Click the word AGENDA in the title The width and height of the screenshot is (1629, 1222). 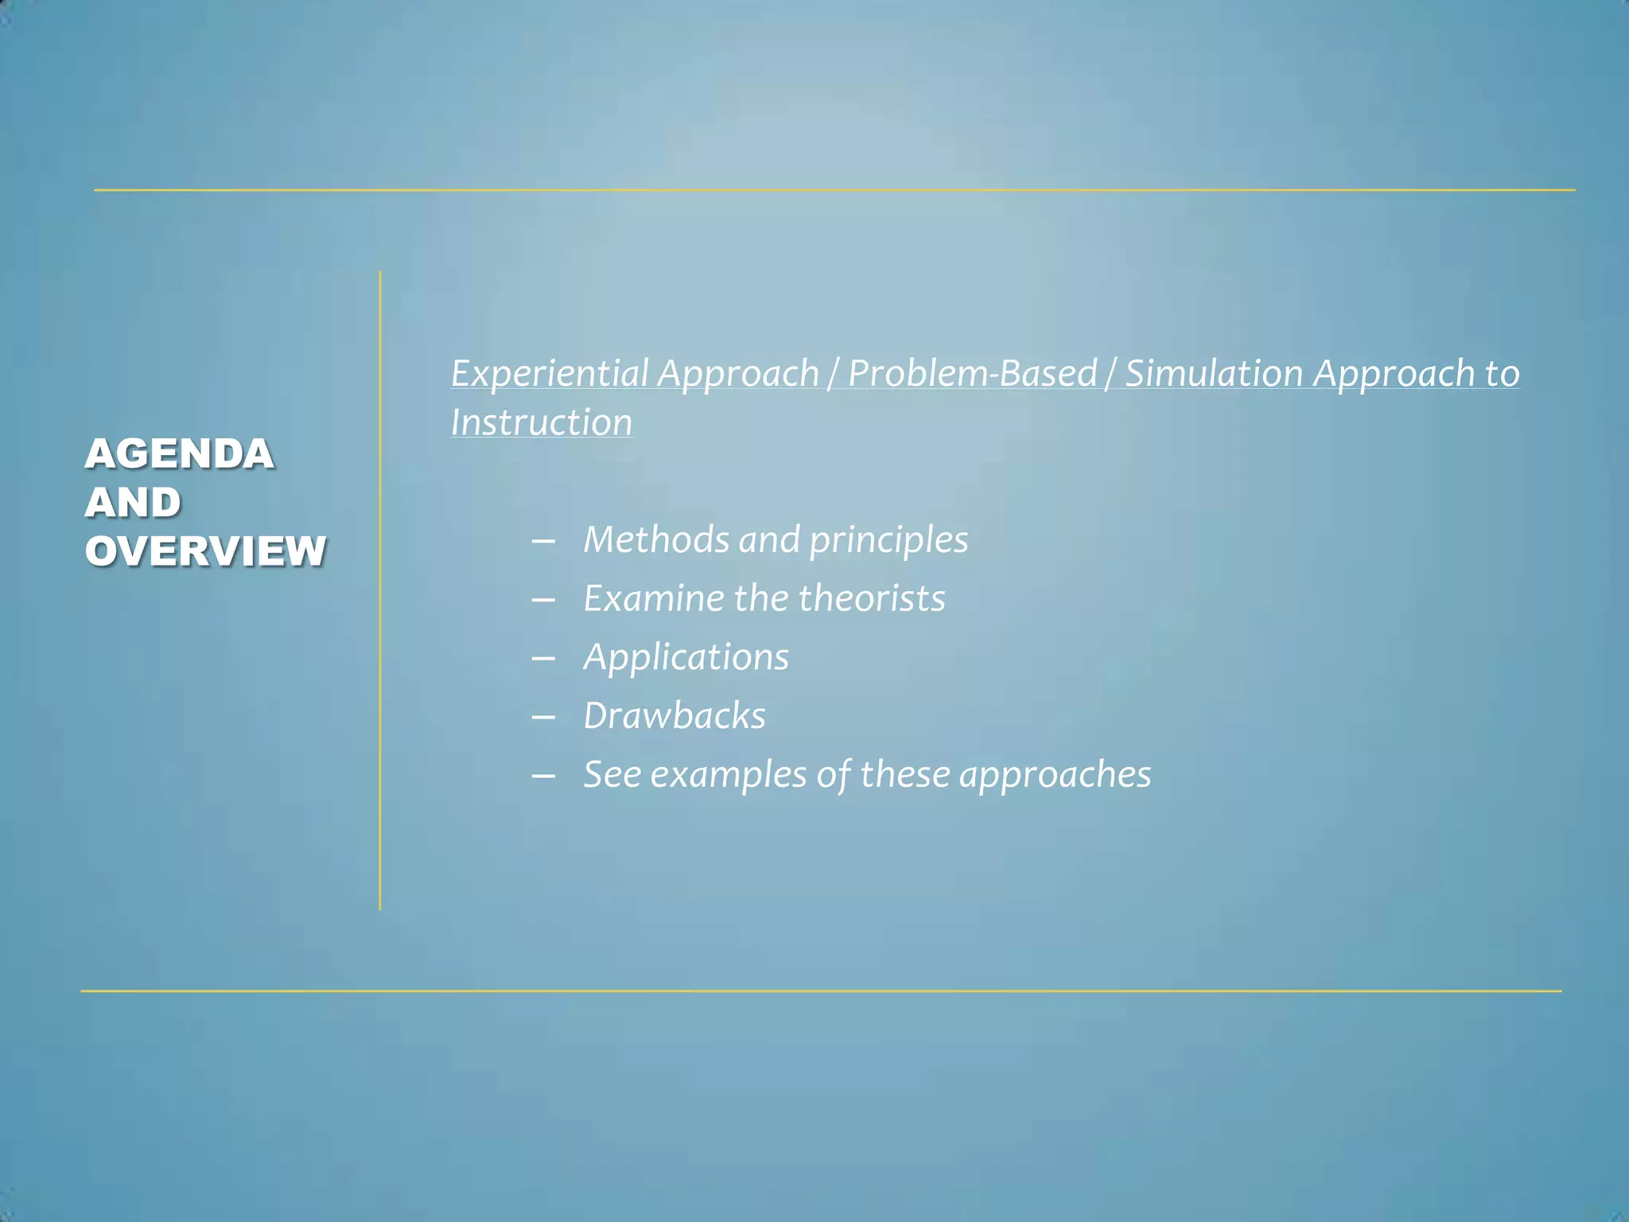(x=180, y=454)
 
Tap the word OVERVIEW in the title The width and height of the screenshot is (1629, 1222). (x=206, y=551)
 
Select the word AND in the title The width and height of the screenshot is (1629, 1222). (x=134, y=503)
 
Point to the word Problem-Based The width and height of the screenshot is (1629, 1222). (x=972, y=373)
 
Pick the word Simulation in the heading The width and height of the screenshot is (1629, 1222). (x=1214, y=373)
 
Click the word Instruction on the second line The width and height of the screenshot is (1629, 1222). (x=542, y=422)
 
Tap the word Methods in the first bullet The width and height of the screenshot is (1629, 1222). (x=656, y=539)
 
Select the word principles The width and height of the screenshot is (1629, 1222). (x=888, y=541)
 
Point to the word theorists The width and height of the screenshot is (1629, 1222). (x=872, y=598)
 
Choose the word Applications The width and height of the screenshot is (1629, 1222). (x=686, y=658)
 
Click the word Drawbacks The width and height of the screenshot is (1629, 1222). (x=675, y=716)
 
